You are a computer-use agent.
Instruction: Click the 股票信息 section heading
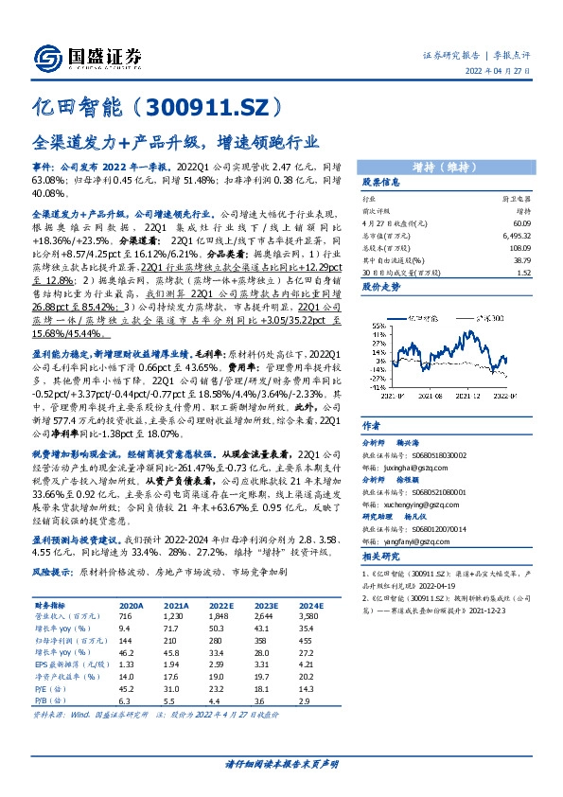tap(380, 182)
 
